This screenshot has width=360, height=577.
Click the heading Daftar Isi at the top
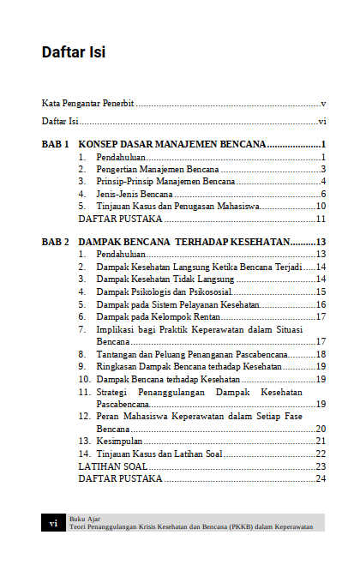click(74, 52)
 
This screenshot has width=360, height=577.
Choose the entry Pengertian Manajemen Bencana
click(147, 170)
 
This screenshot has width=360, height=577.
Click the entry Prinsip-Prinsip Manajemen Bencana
click(153, 182)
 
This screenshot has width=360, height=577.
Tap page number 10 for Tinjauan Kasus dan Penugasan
click(321, 206)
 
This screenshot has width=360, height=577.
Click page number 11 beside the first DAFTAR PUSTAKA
click(321, 219)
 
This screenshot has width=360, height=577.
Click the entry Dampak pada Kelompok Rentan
click(147, 316)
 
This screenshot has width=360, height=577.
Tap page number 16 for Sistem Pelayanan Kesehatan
click(321, 304)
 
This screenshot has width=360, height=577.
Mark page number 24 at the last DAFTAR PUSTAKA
click(321, 478)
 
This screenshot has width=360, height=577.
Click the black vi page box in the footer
click(53, 523)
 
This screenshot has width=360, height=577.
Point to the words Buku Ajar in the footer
click(84, 519)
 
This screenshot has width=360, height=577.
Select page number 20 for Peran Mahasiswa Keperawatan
click(321, 429)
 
